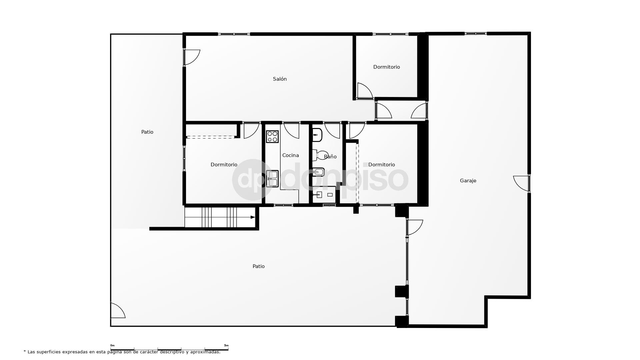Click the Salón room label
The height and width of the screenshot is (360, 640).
(x=280, y=79)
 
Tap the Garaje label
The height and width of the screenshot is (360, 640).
(x=468, y=181)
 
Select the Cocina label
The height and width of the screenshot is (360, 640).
(x=290, y=155)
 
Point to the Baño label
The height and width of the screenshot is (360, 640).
(x=330, y=157)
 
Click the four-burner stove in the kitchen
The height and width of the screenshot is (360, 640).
(x=272, y=137)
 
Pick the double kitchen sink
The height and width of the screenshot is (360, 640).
(x=272, y=179)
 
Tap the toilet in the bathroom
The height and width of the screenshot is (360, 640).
(x=321, y=155)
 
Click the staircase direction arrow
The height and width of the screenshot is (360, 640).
(x=253, y=217)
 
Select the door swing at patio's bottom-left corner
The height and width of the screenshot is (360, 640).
(x=117, y=311)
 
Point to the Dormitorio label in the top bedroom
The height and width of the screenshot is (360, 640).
(x=386, y=67)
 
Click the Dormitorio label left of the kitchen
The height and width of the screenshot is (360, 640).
(x=224, y=165)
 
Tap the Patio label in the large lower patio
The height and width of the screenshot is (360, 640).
(x=258, y=266)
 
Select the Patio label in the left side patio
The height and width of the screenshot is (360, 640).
(x=147, y=132)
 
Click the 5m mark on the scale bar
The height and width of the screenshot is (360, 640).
(x=226, y=346)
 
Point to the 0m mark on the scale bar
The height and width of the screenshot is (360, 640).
(x=112, y=346)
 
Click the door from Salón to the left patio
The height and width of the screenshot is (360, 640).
(x=192, y=57)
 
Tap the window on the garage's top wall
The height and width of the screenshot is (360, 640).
(x=476, y=33)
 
